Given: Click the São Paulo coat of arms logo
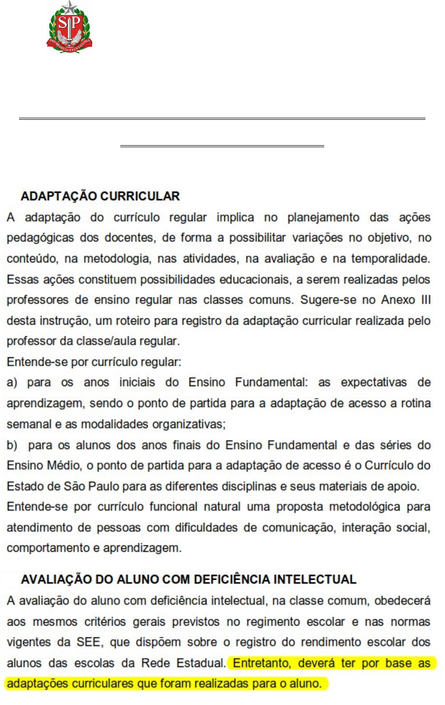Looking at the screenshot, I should pos(70,27).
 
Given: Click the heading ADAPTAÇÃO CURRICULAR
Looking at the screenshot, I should pos(100,196).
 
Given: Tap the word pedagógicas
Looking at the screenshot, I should pos(37,238).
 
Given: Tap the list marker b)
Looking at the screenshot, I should pos(12,445).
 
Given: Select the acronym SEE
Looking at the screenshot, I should pos(89,643).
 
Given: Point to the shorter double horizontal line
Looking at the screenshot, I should pos(222,146).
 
